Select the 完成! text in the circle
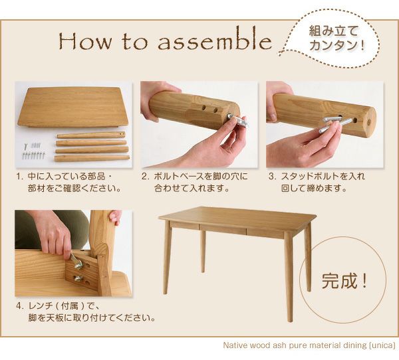344,280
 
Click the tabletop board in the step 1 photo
72,107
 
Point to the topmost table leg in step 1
91,135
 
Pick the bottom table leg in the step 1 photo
92,159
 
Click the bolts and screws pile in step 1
33,151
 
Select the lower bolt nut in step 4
78,279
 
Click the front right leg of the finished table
289,279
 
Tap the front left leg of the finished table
167,257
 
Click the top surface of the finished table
237,218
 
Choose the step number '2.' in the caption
145,176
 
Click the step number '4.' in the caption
19,306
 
